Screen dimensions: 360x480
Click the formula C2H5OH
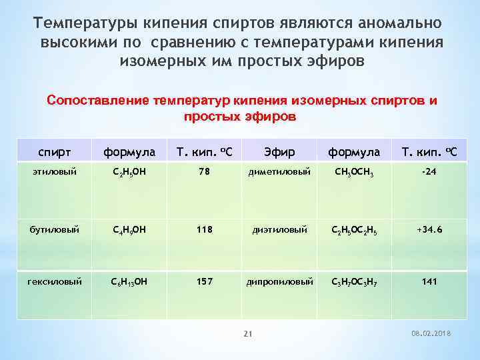130,172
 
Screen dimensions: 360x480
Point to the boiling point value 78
203,171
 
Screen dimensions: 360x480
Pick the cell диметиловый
279,171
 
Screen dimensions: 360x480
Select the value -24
429,171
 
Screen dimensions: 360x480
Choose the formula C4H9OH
130,230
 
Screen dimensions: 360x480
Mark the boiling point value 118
203,229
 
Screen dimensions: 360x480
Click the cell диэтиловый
279,229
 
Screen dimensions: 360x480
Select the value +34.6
429,229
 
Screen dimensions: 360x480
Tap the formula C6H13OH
130,282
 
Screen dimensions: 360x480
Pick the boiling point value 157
203,281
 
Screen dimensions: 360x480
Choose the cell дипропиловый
279,281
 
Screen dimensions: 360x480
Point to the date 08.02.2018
431,333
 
